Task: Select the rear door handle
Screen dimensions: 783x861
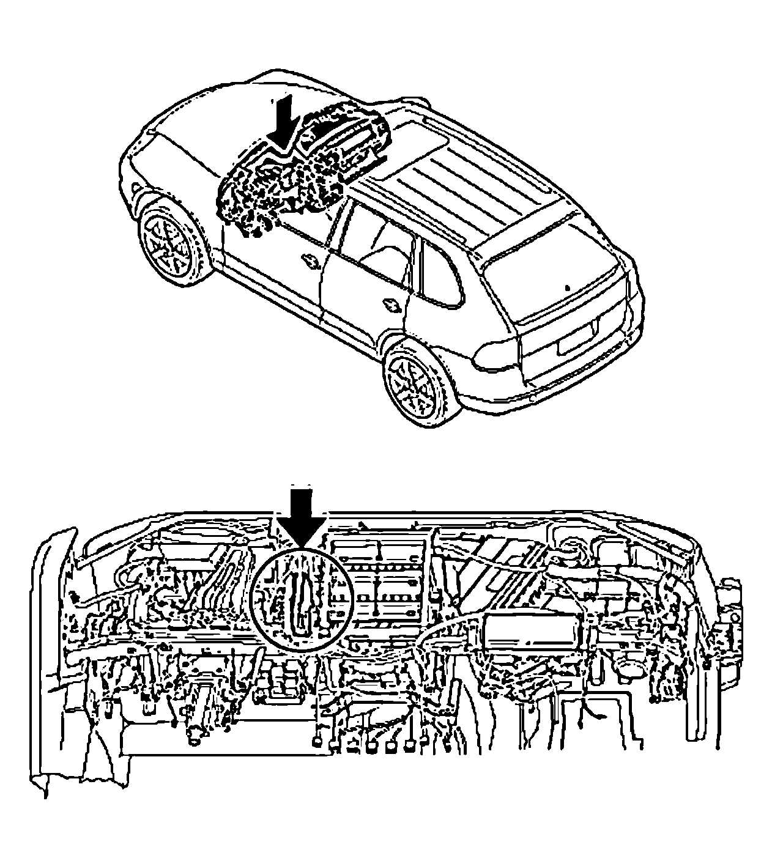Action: [391, 304]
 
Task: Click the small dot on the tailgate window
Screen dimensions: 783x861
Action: [568, 287]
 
